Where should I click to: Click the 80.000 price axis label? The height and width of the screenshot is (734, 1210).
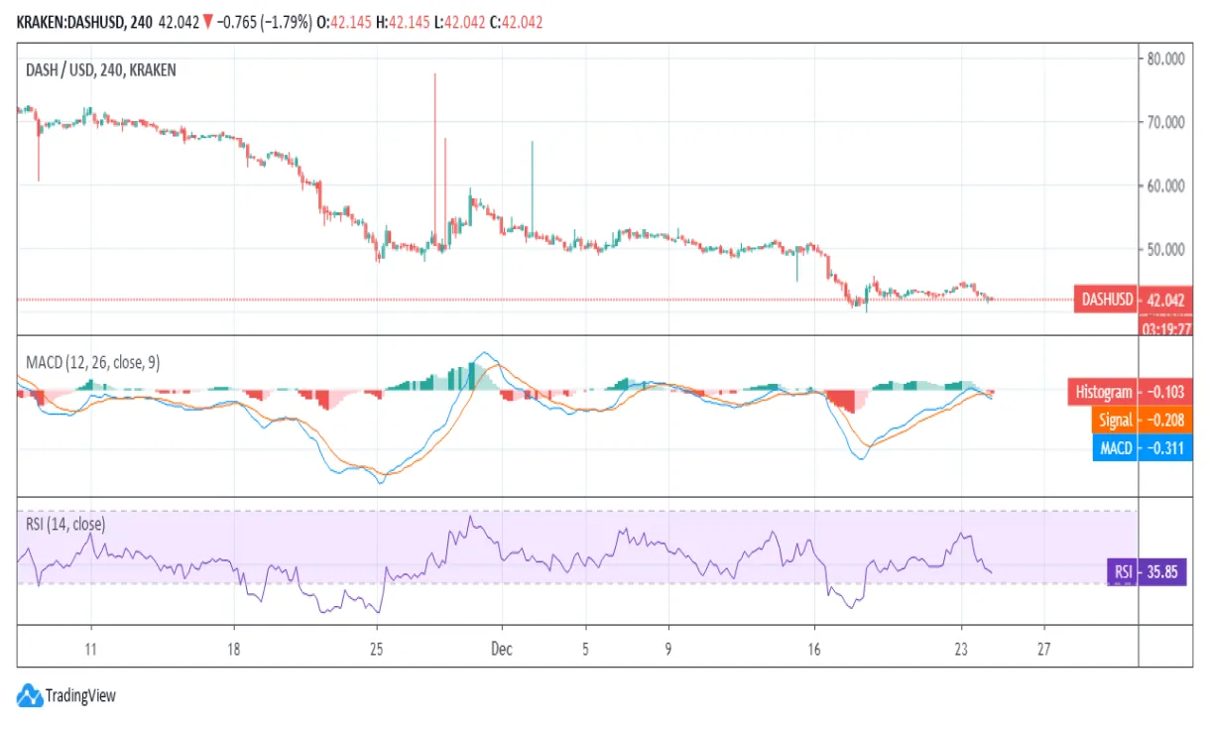click(1165, 59)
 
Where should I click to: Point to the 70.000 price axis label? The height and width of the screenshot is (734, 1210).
click(1165, 122)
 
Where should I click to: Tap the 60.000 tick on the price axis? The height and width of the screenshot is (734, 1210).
click(1165, 185)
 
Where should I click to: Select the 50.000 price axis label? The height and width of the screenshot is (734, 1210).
click(1165, 249)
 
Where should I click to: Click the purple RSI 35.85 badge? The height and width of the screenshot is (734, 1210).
click(1131, 572)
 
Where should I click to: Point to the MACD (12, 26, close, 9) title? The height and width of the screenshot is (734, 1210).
click(92, 362)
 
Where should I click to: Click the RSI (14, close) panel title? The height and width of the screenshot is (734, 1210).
click(65, 524)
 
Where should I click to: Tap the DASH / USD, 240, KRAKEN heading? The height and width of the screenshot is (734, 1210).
click(101, 69)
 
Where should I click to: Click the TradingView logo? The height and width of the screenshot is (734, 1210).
click(67, 695)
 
